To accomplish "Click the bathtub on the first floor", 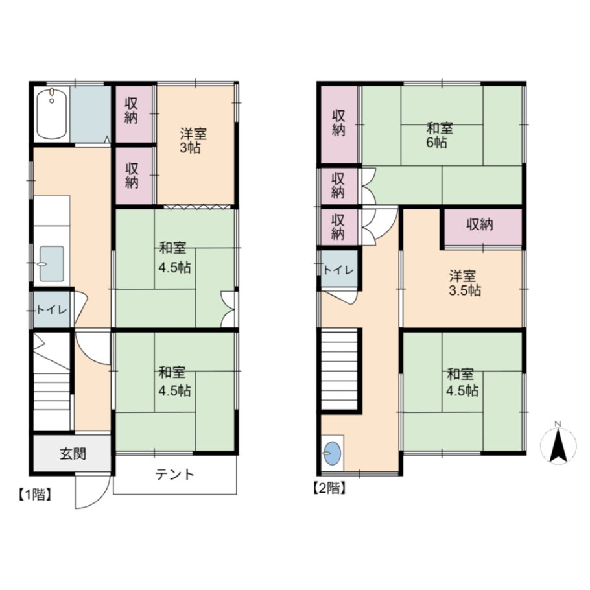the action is coord(52,114).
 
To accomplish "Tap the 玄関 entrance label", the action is coord(73,454).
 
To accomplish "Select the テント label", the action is coord(175,475).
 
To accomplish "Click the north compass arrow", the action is coord(558,445).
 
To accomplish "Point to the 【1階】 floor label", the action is coord(34,495).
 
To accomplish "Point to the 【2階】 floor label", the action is coord(329,488).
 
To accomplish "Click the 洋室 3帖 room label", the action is coord(193,141).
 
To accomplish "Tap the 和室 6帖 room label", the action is coord(440,135).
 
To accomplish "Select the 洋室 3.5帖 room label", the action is coord(465,283).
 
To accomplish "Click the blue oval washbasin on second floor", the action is coord(333,453).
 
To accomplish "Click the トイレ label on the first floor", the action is coord(52,310).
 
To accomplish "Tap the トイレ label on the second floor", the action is coord(338,270).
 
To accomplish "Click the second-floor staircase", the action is coord(339,369).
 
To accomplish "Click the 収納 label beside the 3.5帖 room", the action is coord(480,224).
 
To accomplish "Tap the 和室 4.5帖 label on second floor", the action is coord(462,383).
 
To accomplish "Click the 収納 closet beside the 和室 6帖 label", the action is coord(338,124).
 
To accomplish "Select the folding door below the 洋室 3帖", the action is coord(197,206).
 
